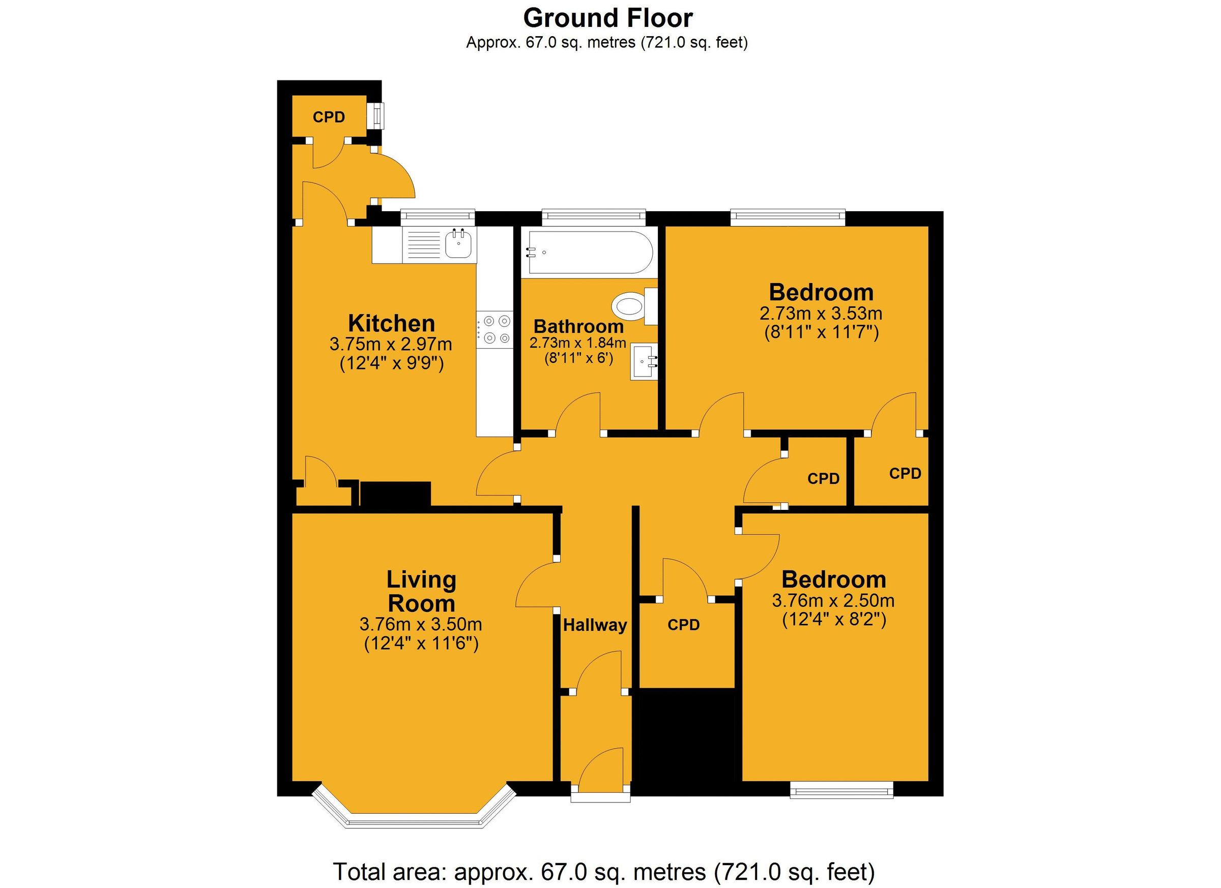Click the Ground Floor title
607,18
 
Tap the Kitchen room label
391,324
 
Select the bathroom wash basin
644,361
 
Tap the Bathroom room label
578,326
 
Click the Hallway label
595,625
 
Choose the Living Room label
421,591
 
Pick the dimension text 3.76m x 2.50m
833,600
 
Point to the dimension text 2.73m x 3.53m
821,313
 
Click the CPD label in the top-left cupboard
329,117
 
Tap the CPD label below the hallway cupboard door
683,625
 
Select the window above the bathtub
593,216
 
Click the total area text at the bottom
604,871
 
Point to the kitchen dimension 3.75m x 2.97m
390,343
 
